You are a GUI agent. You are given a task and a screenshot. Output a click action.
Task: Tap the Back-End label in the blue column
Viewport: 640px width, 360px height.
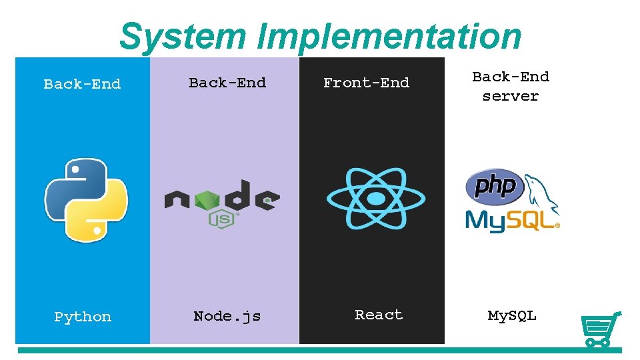pos(82,84)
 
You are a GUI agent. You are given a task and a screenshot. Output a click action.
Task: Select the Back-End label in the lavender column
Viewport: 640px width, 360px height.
pos(227,83)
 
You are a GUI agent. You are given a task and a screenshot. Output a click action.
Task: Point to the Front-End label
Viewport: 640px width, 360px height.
pos(366,83)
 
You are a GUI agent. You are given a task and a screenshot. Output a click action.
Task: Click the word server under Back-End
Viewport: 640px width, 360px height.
pos(511,96)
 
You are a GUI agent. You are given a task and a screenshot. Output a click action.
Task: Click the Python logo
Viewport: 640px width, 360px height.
pos(85,199)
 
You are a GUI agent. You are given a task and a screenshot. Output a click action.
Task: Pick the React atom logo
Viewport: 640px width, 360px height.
pos(376,199)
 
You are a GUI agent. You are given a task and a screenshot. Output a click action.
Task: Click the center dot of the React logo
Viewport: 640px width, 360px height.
pos(376,199)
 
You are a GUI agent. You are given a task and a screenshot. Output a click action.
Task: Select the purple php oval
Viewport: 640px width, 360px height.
pos(494,185)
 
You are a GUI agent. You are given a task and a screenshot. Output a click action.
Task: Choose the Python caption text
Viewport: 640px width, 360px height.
pos(83,317)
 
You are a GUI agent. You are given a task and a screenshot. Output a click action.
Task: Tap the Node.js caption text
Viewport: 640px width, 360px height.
pos(227,316)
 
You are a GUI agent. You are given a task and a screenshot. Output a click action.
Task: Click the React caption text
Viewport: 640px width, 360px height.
pos(379,315)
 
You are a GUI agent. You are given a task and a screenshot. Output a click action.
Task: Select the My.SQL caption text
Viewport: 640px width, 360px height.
pos(512,315)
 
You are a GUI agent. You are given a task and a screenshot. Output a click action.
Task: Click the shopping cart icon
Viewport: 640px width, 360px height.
pos(600,329)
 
